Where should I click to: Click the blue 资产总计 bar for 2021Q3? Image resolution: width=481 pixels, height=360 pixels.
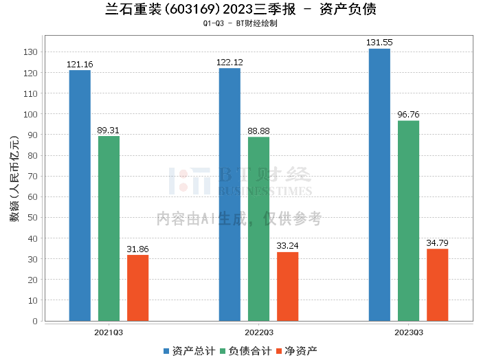click(x=80, y=196)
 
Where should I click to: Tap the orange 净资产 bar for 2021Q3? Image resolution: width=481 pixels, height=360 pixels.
click(x=137, y=288)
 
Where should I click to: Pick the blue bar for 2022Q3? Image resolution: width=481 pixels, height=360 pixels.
click(x=230, y=194)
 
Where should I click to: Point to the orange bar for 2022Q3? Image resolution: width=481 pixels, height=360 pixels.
click(x=287, y=286)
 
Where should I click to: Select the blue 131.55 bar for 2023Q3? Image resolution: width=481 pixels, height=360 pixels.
click(x=379, y=185)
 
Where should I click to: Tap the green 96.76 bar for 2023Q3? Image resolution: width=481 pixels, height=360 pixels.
click(x=408, y=221)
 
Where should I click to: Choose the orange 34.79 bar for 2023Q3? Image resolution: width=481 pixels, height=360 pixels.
click(x=437, y=285)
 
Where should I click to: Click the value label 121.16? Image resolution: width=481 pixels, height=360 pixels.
click(x=80, y=65)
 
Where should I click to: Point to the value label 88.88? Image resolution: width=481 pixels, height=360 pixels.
click(x=258, y=131)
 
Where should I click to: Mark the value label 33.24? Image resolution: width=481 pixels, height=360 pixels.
click(x=287, y=247)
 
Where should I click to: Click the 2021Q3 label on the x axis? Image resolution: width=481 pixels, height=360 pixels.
click(x=109, y=333)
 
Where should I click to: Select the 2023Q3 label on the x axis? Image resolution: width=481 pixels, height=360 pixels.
click(x=408, y=333)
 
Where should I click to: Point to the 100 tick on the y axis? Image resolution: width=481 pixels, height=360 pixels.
click(x=31, y=114)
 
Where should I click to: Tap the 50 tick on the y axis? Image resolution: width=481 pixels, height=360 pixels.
click(x=33, y=218)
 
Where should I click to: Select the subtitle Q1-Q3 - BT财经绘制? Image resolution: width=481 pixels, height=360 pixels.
click(x=240, y=23)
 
